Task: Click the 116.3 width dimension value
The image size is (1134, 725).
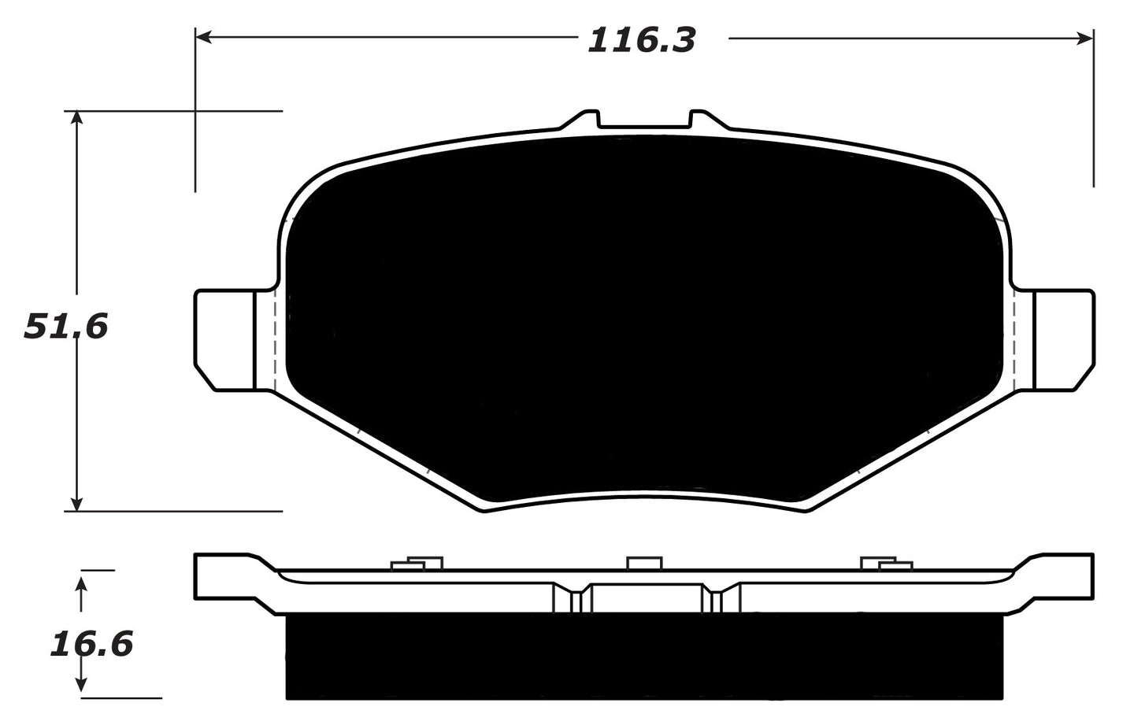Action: pyautogui.click(x=642, y=40)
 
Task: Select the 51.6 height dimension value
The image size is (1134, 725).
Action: pyautogui.click(x=65, y=326)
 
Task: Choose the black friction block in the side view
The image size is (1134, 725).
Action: pyautogui.click(x=644, y=657)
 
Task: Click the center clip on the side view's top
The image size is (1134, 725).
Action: pyautogui.click(x=643, y=563)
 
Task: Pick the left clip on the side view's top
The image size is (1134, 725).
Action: pyautogui.click(x=417, y=563)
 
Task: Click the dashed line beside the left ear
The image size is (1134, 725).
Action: pyautogui.click(x=273, y=338)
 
